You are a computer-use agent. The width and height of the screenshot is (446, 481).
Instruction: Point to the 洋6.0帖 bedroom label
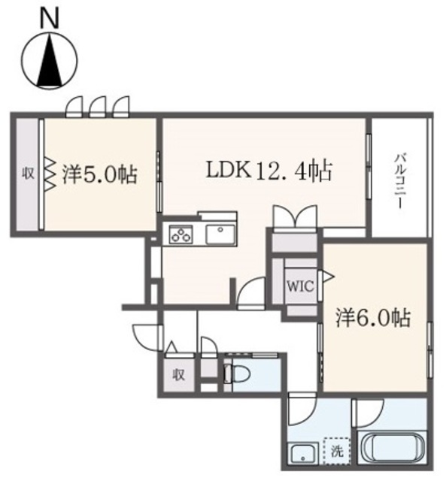tap(374, 317)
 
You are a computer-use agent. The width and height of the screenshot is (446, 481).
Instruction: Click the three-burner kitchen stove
tap(181, 235)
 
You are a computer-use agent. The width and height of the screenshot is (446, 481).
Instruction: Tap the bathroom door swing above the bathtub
tap(369, 411)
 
